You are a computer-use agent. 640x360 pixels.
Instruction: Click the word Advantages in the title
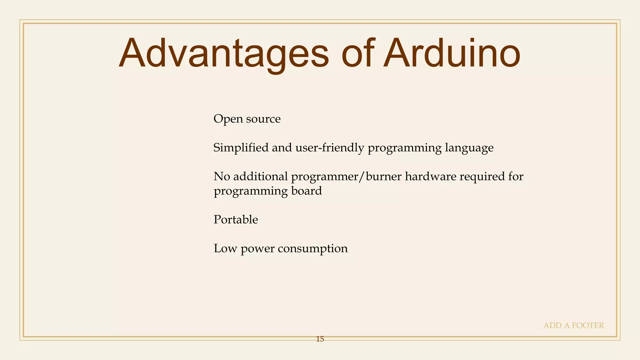tap(224, 54)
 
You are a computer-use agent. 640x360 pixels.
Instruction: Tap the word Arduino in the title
tap(451, 54)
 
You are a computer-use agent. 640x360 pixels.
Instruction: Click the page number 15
tap(320, 339)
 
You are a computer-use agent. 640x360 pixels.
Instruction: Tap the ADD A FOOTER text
tap(573, 326)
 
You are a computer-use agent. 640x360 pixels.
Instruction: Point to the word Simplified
tap(241, 147)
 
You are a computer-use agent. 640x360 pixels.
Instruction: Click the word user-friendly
tap(330, 147)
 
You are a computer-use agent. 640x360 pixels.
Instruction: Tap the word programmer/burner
tap(346, 177)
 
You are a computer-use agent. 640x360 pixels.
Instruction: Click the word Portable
tap(236, 220)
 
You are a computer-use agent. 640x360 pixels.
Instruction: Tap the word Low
tap(225, 249)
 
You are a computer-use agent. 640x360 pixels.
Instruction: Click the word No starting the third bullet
tap(222, 177)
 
